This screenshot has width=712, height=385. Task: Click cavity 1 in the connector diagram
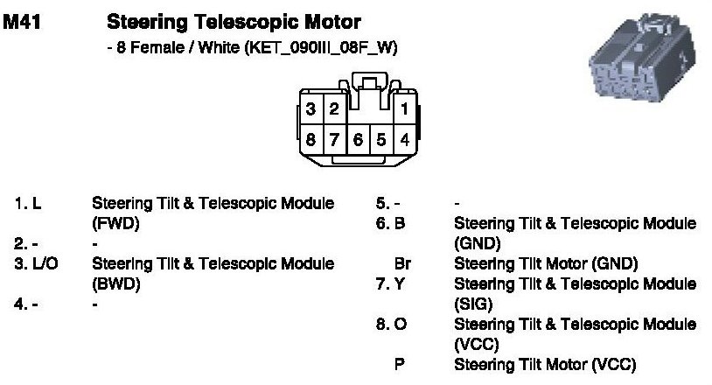click(405, 109)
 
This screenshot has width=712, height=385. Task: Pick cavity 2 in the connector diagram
click(334, 109)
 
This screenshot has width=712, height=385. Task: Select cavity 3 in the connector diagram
click(311, 109)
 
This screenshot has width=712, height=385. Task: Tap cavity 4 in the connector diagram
click(405, 138)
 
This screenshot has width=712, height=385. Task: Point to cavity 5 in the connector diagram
click(381, 138)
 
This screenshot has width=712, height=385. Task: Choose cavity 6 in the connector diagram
click(358, 138)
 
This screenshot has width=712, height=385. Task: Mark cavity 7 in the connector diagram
click(334, 138)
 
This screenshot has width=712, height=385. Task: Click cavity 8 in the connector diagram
click(311, 138)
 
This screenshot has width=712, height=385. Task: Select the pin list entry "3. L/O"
click(35, 262)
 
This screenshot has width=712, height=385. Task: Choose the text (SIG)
click(475, 304)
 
